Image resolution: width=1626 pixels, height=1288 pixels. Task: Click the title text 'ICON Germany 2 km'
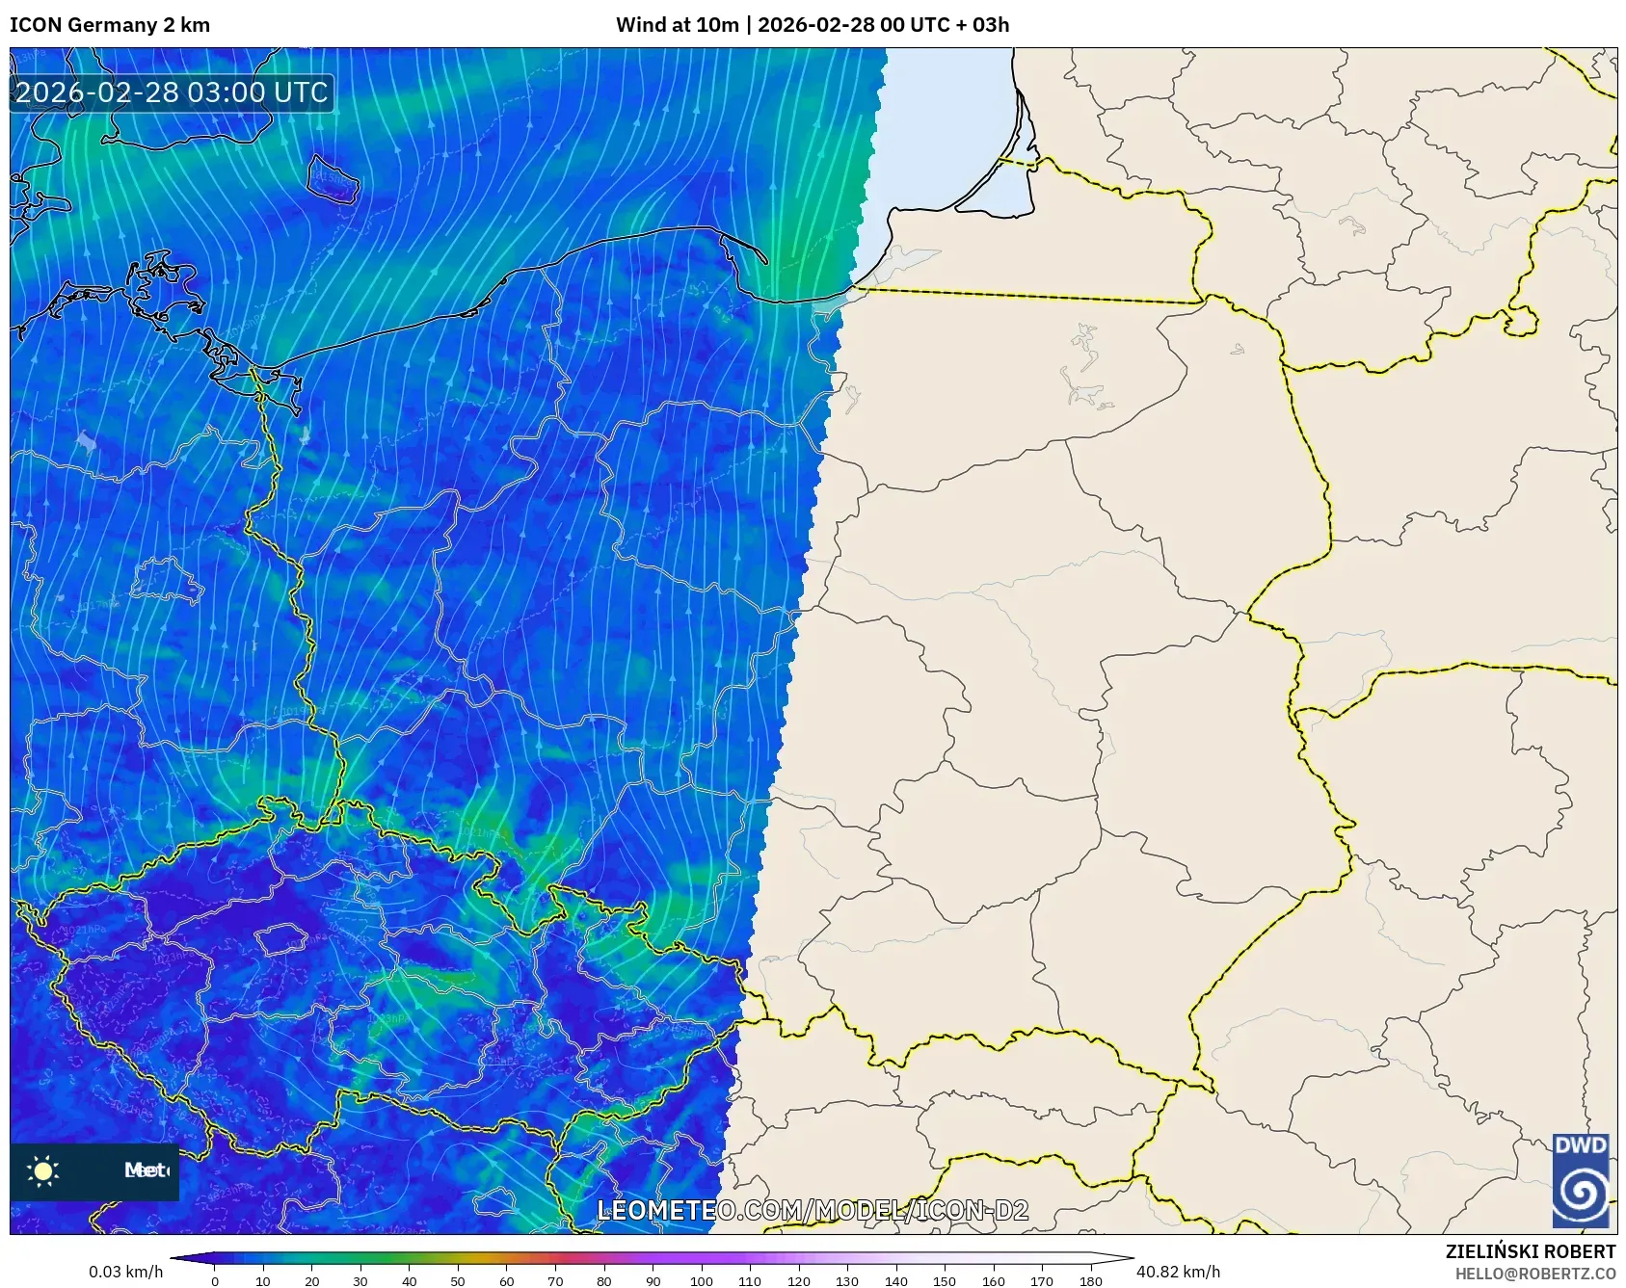(x=110, y=25)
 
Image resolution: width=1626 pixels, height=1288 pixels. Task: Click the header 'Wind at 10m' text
(x=679, y=25)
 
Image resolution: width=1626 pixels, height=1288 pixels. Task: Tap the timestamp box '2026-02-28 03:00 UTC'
(x=172, y=92)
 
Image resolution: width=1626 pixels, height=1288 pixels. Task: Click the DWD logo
(x=1581, y=1180)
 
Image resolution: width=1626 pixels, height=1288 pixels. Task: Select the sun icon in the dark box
(x=43, y=1170)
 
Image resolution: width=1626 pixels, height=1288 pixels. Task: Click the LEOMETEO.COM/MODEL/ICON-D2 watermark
(x=813, y=1210)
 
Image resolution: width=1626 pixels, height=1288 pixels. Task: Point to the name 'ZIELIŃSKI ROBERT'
(x=1531, y=1251)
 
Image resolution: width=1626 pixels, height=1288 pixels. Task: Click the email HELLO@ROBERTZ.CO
(x=1535, y=1274)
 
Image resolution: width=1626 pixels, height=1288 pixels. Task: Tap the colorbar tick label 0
(x=214, y=1281)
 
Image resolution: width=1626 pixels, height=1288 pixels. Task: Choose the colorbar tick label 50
(x=458, y=1281)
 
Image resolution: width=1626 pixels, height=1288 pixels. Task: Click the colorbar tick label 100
(x=701, y=1281)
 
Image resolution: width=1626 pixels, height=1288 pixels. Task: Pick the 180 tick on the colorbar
(x=1091, y=1281)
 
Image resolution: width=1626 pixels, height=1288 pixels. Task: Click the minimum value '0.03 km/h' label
(x=126, y=1272)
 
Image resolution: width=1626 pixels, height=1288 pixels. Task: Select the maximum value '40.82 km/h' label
(x=1178, y=1272)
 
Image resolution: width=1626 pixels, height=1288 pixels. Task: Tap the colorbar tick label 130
(x=847, y=1281)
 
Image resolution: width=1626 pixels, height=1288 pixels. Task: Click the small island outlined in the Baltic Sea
(x=333, y=179)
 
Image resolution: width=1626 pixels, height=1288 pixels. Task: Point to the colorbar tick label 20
(x=311, y=1281)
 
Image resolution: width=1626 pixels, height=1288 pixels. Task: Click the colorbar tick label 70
(x=555, y=1281)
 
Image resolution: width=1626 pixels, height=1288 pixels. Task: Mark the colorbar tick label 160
(x=994, y=1281)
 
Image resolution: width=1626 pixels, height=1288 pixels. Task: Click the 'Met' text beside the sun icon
(x=146, y=1170)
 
